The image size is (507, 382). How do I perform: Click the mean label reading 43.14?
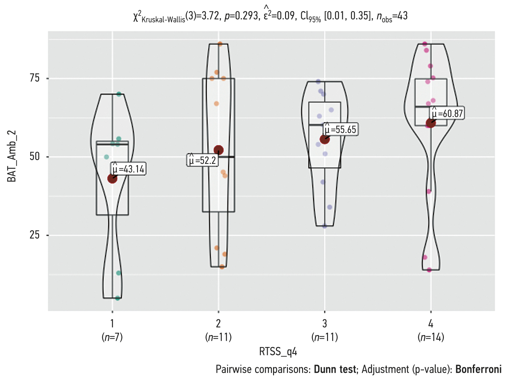(128, 169)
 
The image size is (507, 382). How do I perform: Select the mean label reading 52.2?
(202, 160)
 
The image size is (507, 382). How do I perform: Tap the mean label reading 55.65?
(340, 129)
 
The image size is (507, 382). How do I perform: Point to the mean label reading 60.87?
(447, 113)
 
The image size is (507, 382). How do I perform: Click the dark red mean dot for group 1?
(112, 178)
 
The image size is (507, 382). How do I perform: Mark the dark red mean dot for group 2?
(218, 150)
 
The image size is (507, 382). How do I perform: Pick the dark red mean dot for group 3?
(325, 139)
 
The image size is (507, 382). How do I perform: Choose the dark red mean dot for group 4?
(431, 123)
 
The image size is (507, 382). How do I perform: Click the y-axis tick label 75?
(35, 78)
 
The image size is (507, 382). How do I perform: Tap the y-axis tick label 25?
(35, 235)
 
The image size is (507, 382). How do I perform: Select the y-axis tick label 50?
(35, 157)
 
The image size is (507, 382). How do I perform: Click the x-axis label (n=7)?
(112, 338)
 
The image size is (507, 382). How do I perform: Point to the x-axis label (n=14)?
(431, 338)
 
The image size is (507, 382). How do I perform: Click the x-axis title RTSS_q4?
(278, 351)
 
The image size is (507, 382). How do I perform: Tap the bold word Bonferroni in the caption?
(478, 369)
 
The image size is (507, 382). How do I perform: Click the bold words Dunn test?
(335, 369)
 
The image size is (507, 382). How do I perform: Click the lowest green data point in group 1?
(118, 298)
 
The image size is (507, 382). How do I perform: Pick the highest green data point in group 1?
(119, 94)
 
